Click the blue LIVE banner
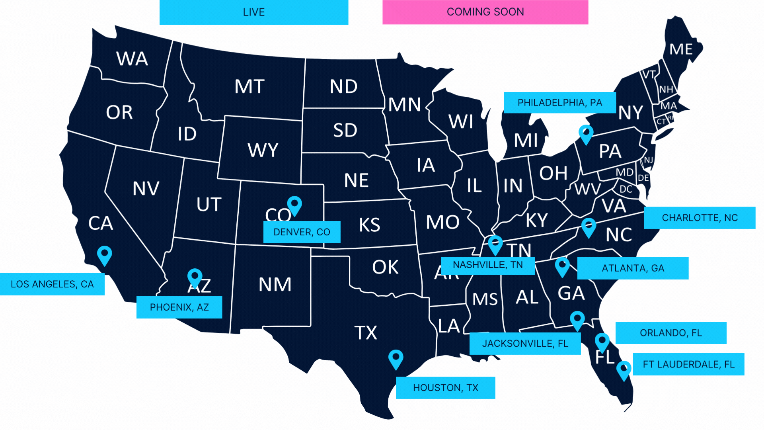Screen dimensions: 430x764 (x=254, y=12)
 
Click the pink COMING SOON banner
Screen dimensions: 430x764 (x=485, y=12)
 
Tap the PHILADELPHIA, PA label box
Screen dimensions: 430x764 (x=559, y=103)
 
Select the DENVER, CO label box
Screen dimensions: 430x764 (x=302, y=232)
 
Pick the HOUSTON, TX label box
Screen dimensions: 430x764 (x=445, y=388)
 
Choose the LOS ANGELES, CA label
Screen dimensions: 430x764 (x=52, y=284)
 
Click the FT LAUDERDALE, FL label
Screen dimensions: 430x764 (x=688, y=364)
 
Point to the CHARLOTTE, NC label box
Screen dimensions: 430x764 (x=700, y=218)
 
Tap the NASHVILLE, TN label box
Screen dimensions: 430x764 (x=487, y=265)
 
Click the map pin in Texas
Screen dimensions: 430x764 (x=396, y=359)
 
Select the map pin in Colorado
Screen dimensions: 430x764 (x=294, y=205)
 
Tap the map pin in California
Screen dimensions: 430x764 (x=105, y=255)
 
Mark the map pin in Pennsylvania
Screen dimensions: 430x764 (x=586, y=134)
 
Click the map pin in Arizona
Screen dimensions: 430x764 (x=195, y=278)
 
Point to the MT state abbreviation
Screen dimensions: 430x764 (x=249, y=86)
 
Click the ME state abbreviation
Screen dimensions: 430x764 (x=681, y=49)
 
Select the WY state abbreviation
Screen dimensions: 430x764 (x=263, y=150)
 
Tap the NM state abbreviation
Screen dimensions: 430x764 (x=275, y=284)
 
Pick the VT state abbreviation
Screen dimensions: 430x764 (x=649, y=74)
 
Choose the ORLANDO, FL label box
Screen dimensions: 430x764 (x=670, y=333)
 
